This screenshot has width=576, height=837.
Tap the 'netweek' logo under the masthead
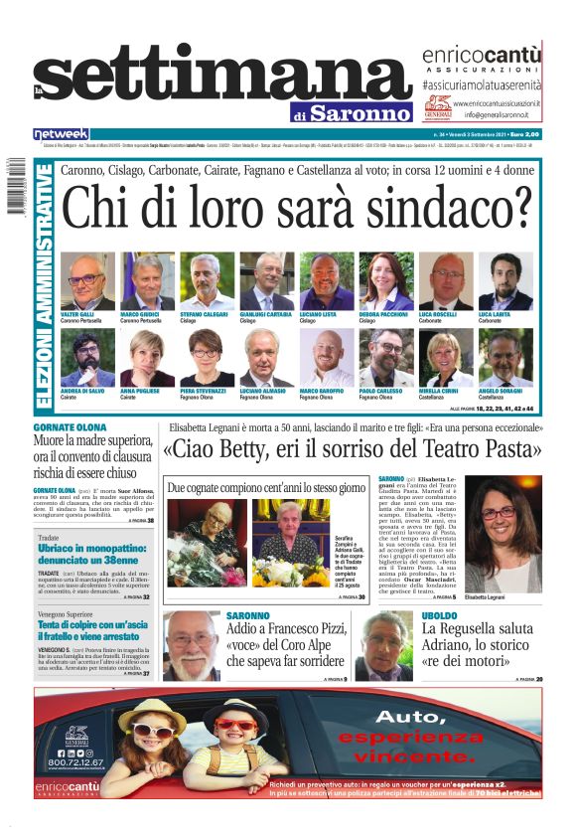pos(61,134)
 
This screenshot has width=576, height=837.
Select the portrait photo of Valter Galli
pos(87,281)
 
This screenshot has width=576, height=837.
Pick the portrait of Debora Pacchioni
pos(386,281)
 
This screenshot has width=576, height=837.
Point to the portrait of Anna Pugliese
pos(147,358)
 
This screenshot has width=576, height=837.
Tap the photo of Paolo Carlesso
pos(386,358)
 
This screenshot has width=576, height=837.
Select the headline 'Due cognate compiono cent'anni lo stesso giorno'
pos(266,488)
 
